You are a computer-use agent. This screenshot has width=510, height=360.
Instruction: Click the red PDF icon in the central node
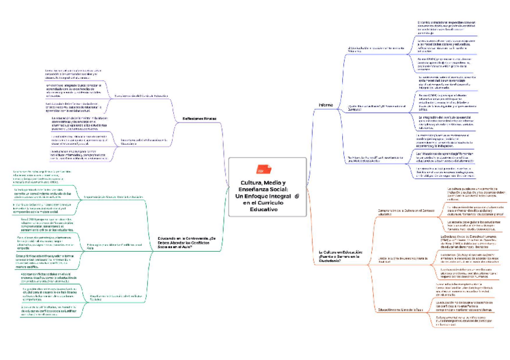point(261,169)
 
